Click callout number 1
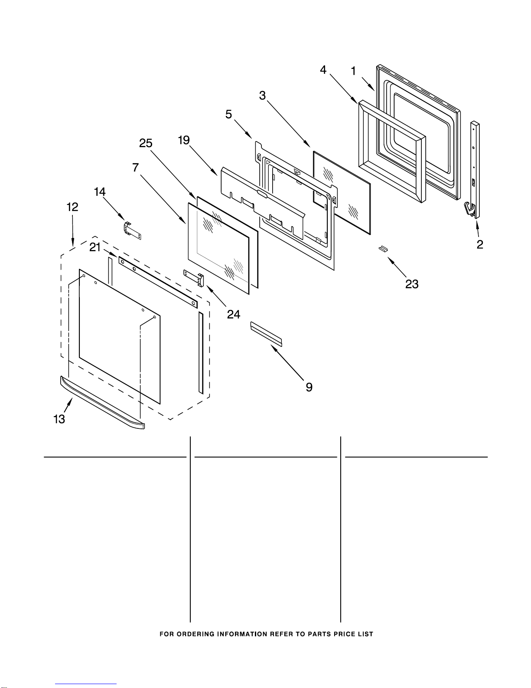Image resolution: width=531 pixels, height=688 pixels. tap(354, 71)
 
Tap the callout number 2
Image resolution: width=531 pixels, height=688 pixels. tap(480, 244)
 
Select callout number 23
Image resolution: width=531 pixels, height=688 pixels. tap(412, 284)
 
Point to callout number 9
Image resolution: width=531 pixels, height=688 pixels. tap(309, 387)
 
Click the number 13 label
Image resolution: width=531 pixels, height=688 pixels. tap(59, 419)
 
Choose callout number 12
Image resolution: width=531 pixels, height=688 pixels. tap(72, 207)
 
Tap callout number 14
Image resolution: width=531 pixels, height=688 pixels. tap(100, 192)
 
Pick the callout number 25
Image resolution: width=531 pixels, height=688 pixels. tap(146, 143)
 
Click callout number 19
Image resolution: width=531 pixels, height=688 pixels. tap(184, 140)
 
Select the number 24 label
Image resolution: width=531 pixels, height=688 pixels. tap(234, 314)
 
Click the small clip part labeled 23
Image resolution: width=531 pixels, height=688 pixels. tap(382, 248)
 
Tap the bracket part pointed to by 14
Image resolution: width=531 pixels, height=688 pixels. tap(133, 230)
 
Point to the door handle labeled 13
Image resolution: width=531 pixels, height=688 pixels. tap(102, 403)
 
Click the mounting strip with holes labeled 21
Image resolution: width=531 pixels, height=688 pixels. tap(158, 281)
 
